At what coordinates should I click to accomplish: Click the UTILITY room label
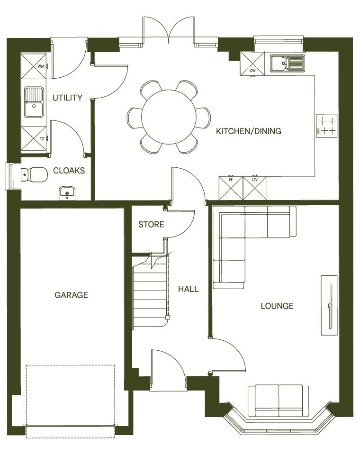pyautogui.click(x=68, y=98)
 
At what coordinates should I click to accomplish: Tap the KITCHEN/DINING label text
pyautogui.click(x=248, y=131)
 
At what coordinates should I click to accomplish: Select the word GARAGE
pyautogui.click(x=72, y=295)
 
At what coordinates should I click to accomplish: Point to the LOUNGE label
pyautogui.click(x=277, y=306)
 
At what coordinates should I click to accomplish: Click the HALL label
pyautogui.click(x=188, y=289)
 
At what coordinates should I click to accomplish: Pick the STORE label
pyautogui.click(x=151, y=224)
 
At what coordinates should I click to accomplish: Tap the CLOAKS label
pyautogui.click(x=69, y=171)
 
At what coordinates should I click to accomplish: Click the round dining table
pyautogui.click(x=169, y=117)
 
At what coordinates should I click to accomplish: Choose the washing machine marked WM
pyautogui.click(x=35, y=66)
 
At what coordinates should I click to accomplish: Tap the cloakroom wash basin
pyautogui.click(x=67, y=193)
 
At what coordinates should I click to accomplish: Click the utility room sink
pyautogui.click(x=35, y=102)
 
